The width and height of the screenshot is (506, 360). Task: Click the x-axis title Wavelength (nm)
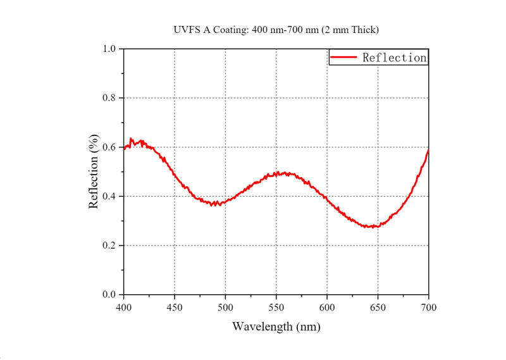(x=276, y=326)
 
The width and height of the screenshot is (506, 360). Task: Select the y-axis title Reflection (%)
(x=94, y=171)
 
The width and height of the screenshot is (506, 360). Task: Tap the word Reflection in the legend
(x=394, y=58)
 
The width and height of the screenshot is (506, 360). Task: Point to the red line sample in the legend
(x=344, y=58)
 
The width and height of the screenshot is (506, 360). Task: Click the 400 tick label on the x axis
(x=123, y=307)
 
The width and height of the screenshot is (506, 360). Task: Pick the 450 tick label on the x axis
(x=175, y=307)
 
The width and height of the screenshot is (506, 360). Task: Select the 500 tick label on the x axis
(x=225, y=307)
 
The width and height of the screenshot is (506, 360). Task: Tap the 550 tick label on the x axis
(x=276, y=307)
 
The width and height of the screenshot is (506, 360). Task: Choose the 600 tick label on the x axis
(x=327, y=307)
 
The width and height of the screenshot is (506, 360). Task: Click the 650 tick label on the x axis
(x=378, y=307)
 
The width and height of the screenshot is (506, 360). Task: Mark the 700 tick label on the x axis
(x=429, y=307)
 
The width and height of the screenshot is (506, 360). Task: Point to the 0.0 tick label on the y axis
(x=109, y=295)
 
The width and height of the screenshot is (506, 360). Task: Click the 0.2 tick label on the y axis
(x=109, y=245)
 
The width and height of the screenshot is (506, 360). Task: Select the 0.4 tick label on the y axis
(x=109, y=196)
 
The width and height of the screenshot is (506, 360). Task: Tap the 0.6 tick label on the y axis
(x=109, y=147)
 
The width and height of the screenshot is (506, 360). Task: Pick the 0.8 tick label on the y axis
(x=109, y=98)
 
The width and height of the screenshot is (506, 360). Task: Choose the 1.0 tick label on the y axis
(x=109, y=49)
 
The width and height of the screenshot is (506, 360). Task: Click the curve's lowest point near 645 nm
(x=373, y=227)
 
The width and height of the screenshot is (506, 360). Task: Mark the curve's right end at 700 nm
(x=429, y=151)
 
